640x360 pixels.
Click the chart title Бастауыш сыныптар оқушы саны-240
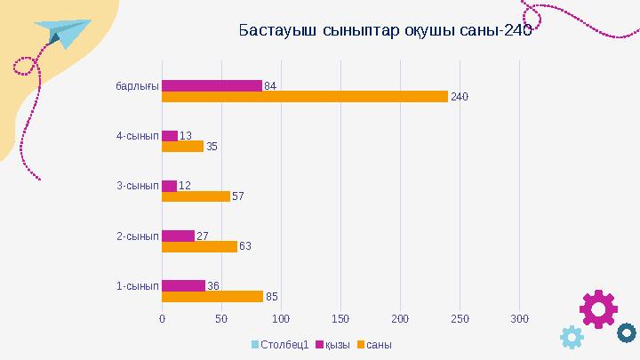tap(385, 31)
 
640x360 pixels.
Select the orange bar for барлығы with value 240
tap(304, 97)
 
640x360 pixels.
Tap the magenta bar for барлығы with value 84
tap(212, 85)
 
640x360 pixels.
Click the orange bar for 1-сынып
tap(212, 296)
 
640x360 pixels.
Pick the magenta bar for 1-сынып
tap(183, 285)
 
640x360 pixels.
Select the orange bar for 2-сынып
tap(199, 246)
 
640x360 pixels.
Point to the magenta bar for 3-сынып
tap(169, 186)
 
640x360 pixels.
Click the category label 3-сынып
tap(137, 186)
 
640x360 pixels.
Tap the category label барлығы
tap(137, 86)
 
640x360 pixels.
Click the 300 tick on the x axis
tap(520, 317)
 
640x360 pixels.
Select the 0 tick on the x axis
tap(162, 317)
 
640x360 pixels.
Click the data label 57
tap(238, 196)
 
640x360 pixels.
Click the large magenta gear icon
tap(598, 308)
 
